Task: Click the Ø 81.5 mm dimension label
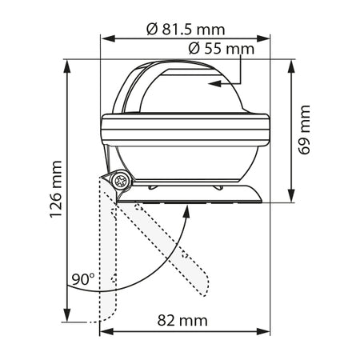click(186, 29)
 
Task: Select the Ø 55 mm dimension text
click(222, 49)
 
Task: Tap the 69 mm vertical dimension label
click(304, 130)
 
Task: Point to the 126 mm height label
click(56, 189)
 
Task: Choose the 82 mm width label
click(182, 320)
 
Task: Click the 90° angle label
click(83, 279)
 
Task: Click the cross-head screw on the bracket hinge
click(122, 181)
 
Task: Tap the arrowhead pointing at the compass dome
click(214, 83)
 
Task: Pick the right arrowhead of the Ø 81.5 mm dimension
click(263, 38)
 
